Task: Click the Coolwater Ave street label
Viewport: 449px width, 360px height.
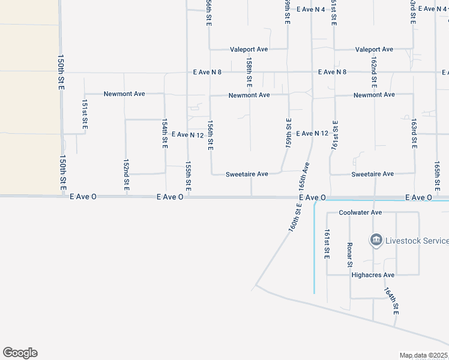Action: (360, 212)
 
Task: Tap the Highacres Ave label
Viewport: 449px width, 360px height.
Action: (372, 275)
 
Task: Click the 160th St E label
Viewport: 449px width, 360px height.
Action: (295, 217)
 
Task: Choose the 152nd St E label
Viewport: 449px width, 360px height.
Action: (126, 175)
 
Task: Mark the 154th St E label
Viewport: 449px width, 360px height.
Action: (164, 133)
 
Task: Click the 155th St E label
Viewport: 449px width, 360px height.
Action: (188, 176)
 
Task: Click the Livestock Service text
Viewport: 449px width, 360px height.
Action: (417, 241)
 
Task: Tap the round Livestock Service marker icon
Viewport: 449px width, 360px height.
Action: (376, 241)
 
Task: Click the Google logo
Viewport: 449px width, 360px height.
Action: (20, 353)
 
